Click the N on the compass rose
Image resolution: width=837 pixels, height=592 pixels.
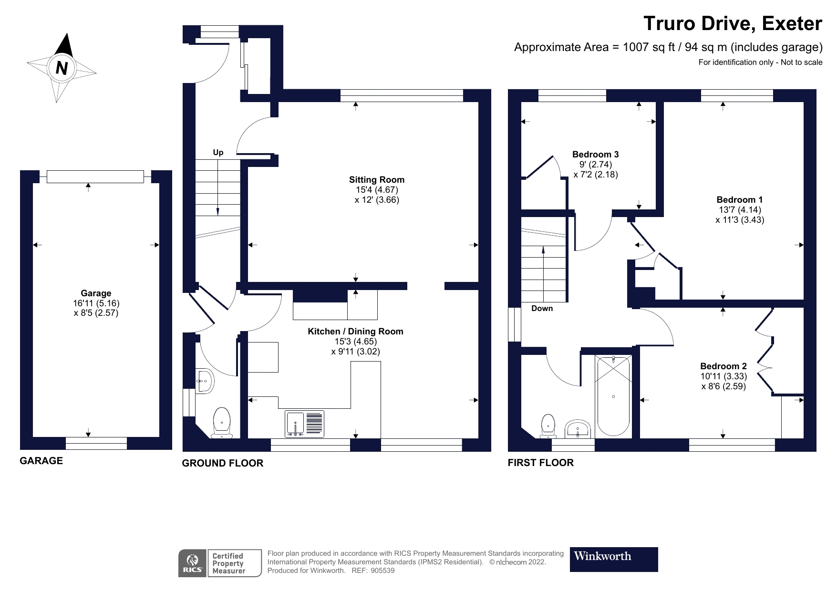pyautogui.click(x=61, y=68)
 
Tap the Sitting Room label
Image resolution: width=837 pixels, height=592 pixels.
pyautogui.click(x=376, y=180)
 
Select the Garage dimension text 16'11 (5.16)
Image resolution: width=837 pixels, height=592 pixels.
pyautogui.click(x=96, y=303)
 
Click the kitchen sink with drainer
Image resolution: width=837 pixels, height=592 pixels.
pyautogui.click(x=304, y=424)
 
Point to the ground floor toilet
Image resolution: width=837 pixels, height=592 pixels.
pyautogui.click(x=222, y=423)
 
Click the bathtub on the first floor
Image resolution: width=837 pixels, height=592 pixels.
pyautogui.click(x=613, y=396)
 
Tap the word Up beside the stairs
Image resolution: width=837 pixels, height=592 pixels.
pyautogui.click(x=218, y=153)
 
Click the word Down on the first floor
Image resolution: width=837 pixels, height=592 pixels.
pyautogui.click(x=542, y=309)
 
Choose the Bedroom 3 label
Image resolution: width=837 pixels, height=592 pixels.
pyautogui.click(x=595, y=155)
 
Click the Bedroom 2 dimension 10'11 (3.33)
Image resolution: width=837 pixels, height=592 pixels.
pyautogui.click(x=723, y=376)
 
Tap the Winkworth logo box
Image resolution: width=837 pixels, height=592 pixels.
pyautogui.click(x=613, y=559)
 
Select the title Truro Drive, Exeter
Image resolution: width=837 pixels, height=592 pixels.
pyautogui.click(x=733, y=24)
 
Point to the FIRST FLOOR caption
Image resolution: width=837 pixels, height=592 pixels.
pyautogui.click(x=540, y=463)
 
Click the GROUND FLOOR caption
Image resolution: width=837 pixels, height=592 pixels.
pyautogui.click(x=222, y=463)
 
